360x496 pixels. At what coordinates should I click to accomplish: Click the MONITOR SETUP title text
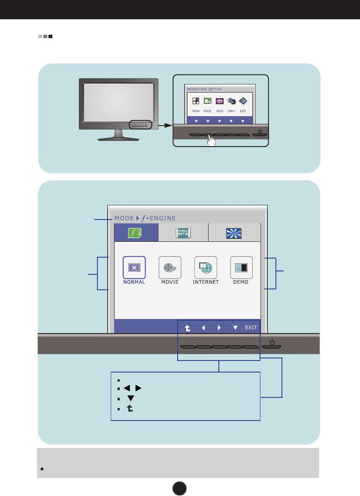pyautogui.click(x=204, y=89)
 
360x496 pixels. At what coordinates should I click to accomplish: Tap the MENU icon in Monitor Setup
pyautogui.click(x=196, y=101)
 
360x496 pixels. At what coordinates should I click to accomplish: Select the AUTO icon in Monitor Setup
pyautogui.click(x=219, y=101)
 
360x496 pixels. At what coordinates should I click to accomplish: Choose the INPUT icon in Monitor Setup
pyautogui.click(x=231, y=101)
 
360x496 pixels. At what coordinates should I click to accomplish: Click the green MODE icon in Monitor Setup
pyautogui.click(x=207, y=101)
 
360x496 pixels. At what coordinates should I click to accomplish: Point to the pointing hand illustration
pyautogui.click(x=210, y=141)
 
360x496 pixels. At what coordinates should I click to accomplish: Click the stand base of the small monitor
pyautogui.click(x=119, y=138)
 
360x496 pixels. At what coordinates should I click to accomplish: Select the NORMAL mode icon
pyautogui.click(x=134, y=267)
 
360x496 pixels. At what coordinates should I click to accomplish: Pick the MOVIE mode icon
pyautogui.click(x=170, y=267)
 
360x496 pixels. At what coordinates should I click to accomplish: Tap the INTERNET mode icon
pyautogui.click(x=206, y=267)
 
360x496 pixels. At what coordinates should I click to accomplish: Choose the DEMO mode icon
pyautogui.click(x=241, y=267)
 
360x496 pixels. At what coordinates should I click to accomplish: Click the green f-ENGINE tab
pyautogui.click(x=136, y=233)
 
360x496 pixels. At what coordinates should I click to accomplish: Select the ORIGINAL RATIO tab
pyautogui.click(x=183, y=233)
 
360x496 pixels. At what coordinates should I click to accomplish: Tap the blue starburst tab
pyautogui.click(x=234, y=233)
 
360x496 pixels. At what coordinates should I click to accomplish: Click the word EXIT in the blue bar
pyautogui.click(x=251, y=328)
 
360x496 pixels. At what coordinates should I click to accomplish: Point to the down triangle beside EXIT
pyautogui.click(x=235, y=328)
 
